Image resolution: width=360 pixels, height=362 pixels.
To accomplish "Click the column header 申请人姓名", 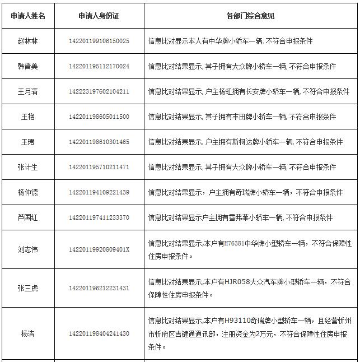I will tap(28, 16).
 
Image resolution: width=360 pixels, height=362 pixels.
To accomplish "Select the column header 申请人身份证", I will tap(99, 16).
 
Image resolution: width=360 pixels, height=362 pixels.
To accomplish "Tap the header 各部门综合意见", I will tap(250, 16).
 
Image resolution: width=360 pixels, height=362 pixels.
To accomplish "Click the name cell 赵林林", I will tap(28, 41).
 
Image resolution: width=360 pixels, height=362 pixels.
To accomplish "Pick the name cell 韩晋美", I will tap(28, 66).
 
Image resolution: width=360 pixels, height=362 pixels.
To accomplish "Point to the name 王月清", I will tap(28, 91).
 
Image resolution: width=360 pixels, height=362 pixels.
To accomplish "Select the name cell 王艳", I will tap(28, 117).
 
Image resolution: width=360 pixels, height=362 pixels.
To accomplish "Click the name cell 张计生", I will tap(28, 167).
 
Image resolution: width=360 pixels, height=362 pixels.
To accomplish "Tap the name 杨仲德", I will tap(28, 192).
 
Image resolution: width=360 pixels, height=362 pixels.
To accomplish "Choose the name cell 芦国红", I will tap(28, 217).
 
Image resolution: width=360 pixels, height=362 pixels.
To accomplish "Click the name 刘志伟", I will tap(28, 249).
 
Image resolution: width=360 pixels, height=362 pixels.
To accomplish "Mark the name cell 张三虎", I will tap(28, 288).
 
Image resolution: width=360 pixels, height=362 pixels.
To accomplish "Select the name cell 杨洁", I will tap(28, 333).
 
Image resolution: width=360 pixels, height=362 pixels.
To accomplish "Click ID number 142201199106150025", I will tap(99, 41).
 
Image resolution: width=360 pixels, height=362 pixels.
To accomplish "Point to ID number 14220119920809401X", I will tap(99, 249).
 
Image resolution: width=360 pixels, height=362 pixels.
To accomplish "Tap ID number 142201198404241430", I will tap(99, 333).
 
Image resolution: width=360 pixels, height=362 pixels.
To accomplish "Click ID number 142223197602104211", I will tap(99, 91).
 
